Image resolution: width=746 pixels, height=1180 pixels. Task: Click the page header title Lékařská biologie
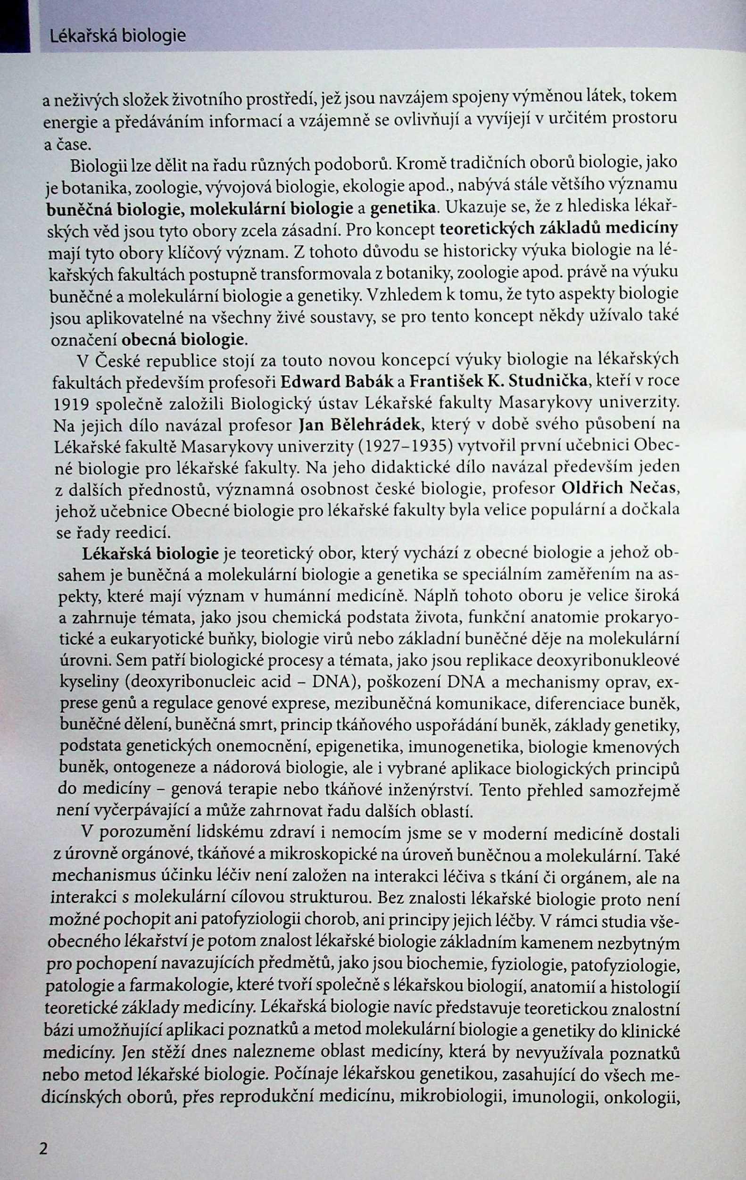[x=118, y=36]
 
